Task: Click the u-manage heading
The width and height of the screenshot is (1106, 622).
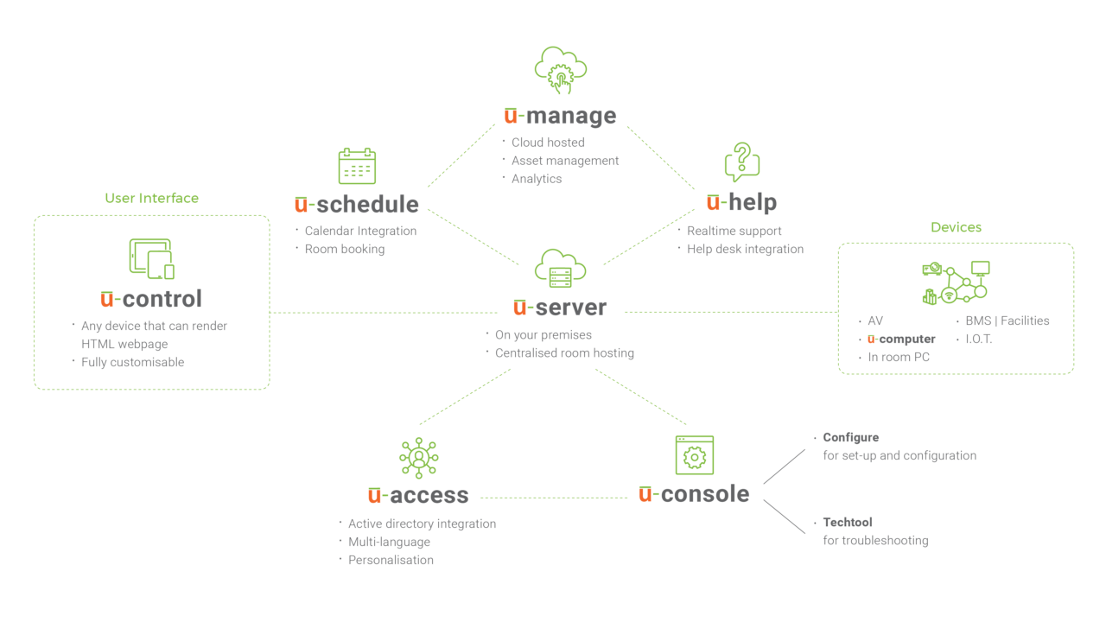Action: [x=560, y=116]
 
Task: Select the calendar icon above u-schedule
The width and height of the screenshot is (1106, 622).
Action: [x=357, y=166]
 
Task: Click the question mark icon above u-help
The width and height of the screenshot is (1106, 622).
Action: [x=741, y=162]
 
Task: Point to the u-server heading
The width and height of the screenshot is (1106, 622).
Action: [x=560, y=308]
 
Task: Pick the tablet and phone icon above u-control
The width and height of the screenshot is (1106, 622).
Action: [x=151, y=259]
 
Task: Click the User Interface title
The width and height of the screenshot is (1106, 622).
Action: [x=151, y=198]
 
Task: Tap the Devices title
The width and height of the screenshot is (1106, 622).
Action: [x=956, y=227]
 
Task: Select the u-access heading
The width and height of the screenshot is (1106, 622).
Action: [x=418, y=496]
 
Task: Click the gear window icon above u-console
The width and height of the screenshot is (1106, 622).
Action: [x=695, y=455]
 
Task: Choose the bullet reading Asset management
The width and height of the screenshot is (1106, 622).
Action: [x=565, y=161]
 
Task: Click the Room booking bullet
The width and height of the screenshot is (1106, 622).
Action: [x=344, y=249]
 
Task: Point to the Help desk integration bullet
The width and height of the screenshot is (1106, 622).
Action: [x=745, y=249]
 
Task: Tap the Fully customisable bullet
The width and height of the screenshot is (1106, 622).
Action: [x=132, y=363]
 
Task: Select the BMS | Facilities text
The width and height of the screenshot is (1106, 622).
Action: [x=1007, y=321]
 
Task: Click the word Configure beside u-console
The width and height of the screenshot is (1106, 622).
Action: [x=851, y=437]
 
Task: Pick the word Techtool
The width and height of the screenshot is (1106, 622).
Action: [x=848, y=522]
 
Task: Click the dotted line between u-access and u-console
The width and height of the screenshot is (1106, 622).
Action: [x=553, y=498]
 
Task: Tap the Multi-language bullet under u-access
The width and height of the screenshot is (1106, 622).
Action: [x=389, y=542]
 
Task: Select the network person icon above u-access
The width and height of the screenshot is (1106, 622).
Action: [x=419, y=457]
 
